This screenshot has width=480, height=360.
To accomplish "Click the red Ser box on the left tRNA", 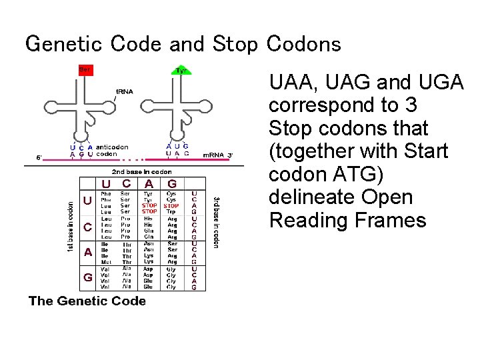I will point(85,69).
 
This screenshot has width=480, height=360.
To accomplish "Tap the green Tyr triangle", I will point(181,70).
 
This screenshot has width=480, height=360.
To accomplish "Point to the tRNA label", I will point(125,91).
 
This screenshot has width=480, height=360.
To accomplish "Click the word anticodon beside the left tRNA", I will point(112,147).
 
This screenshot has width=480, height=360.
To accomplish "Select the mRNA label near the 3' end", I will point(213,155).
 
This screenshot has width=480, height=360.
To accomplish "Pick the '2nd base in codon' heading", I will point(141,171).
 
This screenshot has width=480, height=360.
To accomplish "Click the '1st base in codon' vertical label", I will point(71,227).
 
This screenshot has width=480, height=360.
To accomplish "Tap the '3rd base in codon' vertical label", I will point(215,222).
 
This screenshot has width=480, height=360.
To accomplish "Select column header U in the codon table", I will point(106,183).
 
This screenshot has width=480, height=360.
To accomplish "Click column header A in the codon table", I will point(149,183).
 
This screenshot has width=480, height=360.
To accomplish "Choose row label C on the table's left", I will point(87,227).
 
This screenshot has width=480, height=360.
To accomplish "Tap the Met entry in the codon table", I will point(105,263).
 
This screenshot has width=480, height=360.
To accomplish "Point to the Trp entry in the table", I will point(171,211).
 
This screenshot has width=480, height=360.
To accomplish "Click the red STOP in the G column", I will point(171,205).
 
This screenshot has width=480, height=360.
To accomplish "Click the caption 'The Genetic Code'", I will point(87,301).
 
